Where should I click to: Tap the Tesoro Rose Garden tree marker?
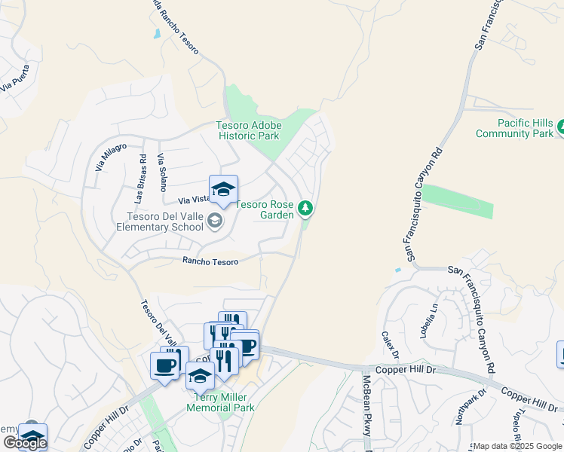305,207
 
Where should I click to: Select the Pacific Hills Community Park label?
515,128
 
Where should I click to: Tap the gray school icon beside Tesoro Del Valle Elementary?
215,221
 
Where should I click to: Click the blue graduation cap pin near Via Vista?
223,190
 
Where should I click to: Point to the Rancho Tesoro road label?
210,261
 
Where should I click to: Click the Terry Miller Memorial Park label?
224,402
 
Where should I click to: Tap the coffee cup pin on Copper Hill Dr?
164,365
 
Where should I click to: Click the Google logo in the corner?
24,444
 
